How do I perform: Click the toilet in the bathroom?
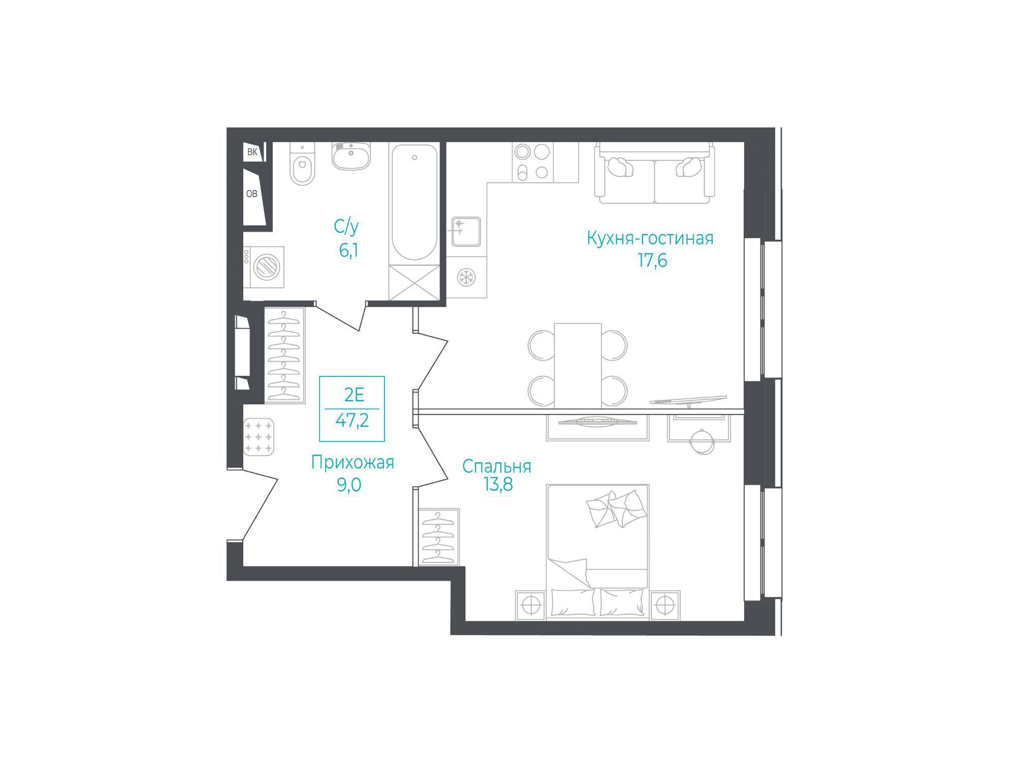[x=302, y=164]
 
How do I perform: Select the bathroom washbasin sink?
[x=351, y=155]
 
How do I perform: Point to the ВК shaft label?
[x=252, y=152]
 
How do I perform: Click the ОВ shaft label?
[x=251, y=194]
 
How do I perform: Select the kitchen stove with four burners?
[x=533, y=162]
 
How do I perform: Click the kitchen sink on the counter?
[x=466, y=231]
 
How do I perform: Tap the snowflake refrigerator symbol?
[x=466, y=277]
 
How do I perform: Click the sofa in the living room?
[x=655, y=173]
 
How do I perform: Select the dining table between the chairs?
[x=578, y=366]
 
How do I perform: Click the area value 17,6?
[x=652, y=261]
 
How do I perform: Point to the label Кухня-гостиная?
[x=650, y=238]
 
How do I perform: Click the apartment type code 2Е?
[x=354, y=394]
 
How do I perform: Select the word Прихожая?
[x=353, y=463]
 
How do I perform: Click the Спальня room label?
[x=497, y=466]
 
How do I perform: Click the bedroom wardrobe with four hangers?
[x=439, y=537]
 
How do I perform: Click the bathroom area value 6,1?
[x=348, y=250]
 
